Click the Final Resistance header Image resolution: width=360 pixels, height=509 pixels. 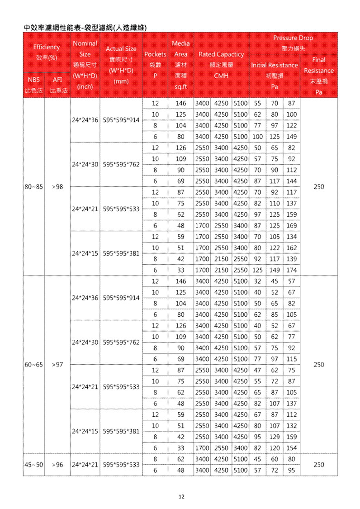tap(318, 65)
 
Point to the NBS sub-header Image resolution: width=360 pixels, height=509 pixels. tap(33, 80)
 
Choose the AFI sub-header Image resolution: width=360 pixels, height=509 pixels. tap(57, 80)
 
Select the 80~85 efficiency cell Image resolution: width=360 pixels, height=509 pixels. tap(33, 186)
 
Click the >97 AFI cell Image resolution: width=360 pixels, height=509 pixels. tap(57, 364)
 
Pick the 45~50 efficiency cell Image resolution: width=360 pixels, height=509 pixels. tap(33, 465)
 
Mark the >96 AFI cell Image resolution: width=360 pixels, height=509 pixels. tap(57, 465)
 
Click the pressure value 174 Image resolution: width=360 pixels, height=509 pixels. tap(292, 270)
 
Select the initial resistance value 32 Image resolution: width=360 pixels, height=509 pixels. tap(257, 281)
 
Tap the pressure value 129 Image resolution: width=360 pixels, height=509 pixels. tap(275, 437)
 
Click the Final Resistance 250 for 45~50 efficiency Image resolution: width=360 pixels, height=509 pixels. tap(318, 465)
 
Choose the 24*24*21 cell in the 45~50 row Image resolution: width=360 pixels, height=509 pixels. tap(85, 465)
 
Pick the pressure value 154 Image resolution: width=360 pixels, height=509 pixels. tap(292, 448)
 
